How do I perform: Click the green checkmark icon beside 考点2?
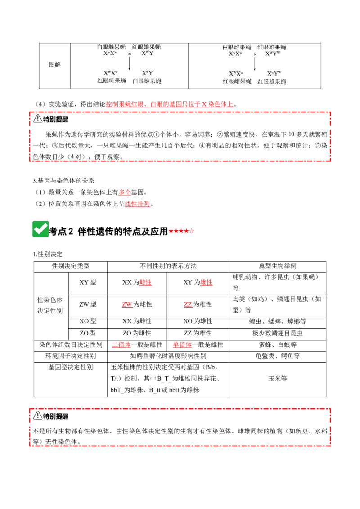(40, 229)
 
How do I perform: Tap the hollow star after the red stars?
(191, 231)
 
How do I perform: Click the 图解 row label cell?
(54, 65)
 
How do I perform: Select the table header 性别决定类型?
(71, 266)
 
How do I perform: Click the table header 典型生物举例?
(278, 266)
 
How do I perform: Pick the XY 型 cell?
(88, 282)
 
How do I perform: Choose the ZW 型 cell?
(88, 304)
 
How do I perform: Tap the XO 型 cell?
(88, 321)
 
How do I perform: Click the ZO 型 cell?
(88, 333)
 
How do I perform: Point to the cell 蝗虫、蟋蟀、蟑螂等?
(278, 321)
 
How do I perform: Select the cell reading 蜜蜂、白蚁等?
(278, 345)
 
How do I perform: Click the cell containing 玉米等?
(278, 379)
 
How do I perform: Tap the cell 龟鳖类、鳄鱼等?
(278, 356)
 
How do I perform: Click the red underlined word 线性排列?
(137, 204)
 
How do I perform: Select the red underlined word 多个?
(125, 192)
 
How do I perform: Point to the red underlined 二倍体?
(121, 345)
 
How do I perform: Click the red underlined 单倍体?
(182, 345)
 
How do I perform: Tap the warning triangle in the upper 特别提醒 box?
(38, 119)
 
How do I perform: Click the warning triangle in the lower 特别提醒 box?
(38, 415)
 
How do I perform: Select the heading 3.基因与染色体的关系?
(64, 181)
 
